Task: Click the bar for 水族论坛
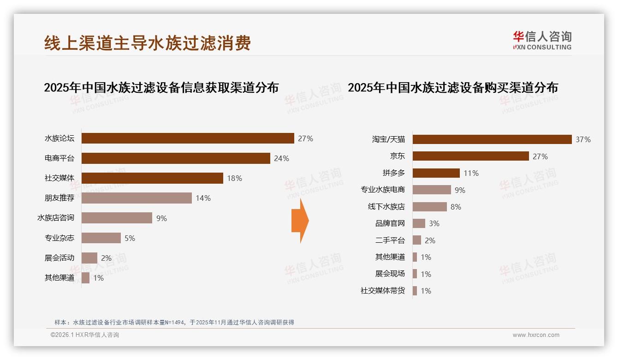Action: tap(188, 138)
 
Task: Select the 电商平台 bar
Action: tap(176, 158)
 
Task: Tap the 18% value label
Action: tap(234, 178)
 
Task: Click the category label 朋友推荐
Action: tap(59, 198)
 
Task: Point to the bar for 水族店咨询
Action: tap(117, 218)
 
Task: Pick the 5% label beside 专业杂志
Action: tap(130, 238)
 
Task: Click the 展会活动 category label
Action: tap(59, 258)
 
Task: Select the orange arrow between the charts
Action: tap(300, 221)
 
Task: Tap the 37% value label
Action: tap(583, 139)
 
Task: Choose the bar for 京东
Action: tap(470, 156)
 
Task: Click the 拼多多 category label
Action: tap(393, 173)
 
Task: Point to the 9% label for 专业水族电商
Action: tap(460, 190)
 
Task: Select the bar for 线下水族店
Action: tap(429, 207)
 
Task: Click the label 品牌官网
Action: tap(390, 223)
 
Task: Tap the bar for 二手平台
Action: tap(416, 240)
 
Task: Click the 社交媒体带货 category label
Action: tap(382, 291)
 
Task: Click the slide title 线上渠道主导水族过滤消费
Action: tap(148, 43)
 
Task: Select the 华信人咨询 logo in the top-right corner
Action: tap(542, 40)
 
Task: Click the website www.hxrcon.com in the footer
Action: tap(536, 335)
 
